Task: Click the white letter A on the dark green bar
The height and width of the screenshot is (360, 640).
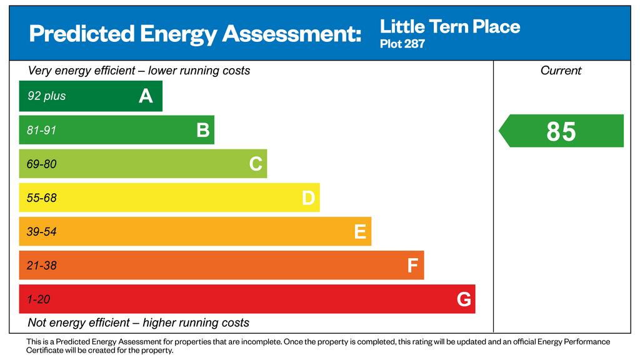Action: click(146, 96)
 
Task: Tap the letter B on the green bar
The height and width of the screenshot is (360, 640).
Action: click(203, 130)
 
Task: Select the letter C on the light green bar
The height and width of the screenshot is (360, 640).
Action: click(256, 164)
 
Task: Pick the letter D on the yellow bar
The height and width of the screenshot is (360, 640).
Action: click(308, 198)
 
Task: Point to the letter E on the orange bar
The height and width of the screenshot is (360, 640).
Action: click(360, 232)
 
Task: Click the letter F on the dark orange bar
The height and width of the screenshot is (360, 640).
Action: click(412, 266)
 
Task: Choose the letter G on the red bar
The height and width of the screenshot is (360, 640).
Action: click(464, 299)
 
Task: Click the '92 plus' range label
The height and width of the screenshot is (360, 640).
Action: click(46, 96)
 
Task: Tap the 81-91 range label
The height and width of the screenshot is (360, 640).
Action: click(41, 130)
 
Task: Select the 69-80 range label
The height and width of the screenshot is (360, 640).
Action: click(41, 164)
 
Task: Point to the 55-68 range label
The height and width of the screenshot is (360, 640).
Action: click(41, 198)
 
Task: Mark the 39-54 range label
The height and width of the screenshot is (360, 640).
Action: click(41, 232)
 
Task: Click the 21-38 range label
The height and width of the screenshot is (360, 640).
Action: click(41, 266)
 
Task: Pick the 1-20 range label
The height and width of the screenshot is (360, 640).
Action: click(38, 299)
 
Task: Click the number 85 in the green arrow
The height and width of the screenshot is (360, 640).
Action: click(561, 131)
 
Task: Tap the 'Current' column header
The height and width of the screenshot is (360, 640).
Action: click(561, 71)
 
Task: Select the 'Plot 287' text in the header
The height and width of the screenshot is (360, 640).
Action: click(402, 44)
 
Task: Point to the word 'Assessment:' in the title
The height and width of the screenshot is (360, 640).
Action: click(292, 34)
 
